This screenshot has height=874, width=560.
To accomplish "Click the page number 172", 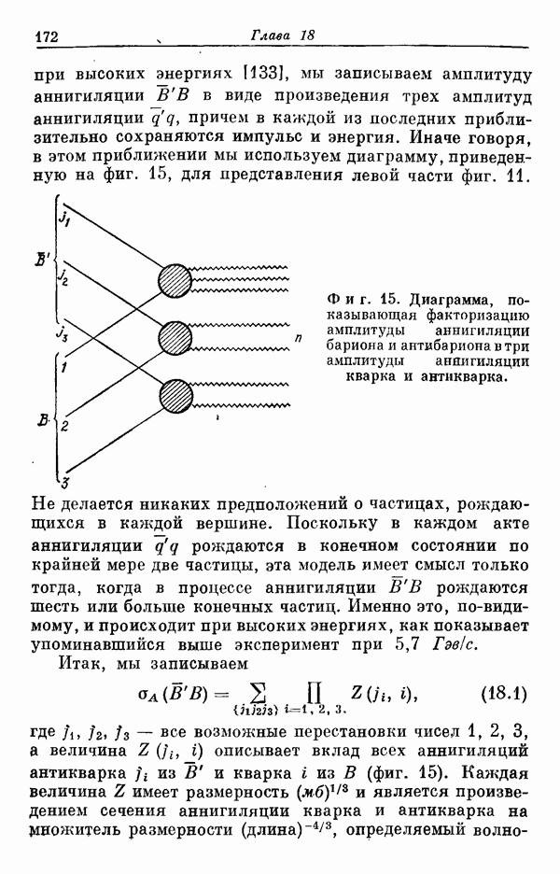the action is click(x=47, y=36).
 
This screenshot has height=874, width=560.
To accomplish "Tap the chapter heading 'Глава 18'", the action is click(x=283, y=35).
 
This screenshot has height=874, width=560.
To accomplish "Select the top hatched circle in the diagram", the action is click(x=175, y=280).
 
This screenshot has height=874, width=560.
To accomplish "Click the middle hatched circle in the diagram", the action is click(x=175, y=338).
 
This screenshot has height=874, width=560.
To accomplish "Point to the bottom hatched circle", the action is click(x=175, y=397).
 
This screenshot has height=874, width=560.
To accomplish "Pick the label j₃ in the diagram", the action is click(x=62, y=333).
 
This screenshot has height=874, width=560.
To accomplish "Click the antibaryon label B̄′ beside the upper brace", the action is click(x=43, y=260).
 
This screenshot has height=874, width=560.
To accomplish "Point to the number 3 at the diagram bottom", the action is click(x=64, y=481).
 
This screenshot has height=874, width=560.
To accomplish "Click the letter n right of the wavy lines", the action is click(x=299, y=337).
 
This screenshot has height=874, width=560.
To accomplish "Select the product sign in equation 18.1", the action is click(x=315, y=694).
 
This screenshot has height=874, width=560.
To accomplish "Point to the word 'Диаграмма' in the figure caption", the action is click(x=451, y=300).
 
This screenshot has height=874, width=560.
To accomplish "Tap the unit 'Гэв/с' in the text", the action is click(x=455, y=645).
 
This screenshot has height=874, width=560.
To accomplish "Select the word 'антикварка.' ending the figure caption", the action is click(x=464, y=376).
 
